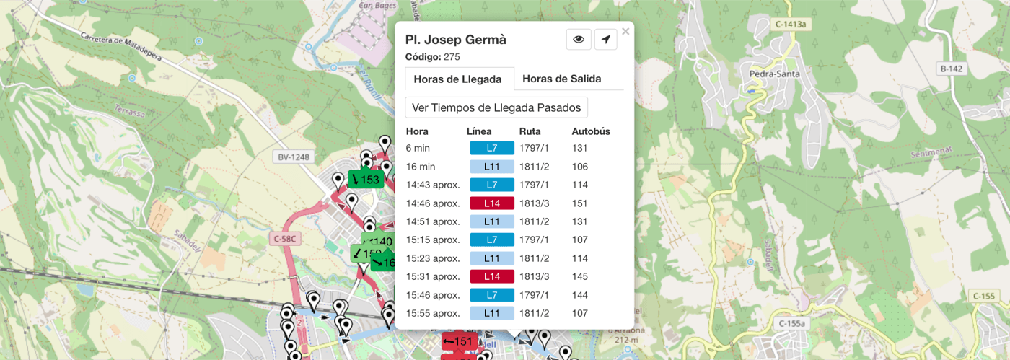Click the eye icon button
(x=579, y=40)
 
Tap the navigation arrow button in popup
(x=605, y=40)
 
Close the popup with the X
(x=625, y=31)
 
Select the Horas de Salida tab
(x=561, y=79)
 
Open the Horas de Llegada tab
(x=457, y=79)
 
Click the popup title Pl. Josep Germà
(x=456, y=40)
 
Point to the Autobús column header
(x=591, y=131)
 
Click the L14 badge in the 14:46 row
(x=491, y=203)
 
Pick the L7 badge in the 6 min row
(x=491, y=148)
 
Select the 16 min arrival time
(x=421, y=167)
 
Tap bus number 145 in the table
(x=580, y=276)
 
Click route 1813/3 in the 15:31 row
(x=534, y=276)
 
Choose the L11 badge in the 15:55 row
(x=491, y=313)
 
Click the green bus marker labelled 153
(x=365, y=179)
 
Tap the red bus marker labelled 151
(x=458, y=341)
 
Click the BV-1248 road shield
(x=293, y=157)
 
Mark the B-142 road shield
(x=952, y=69)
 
